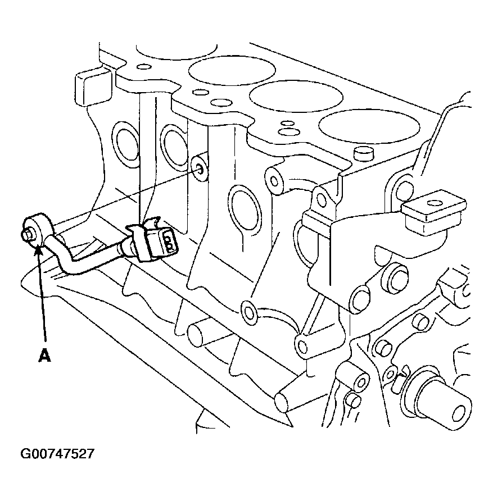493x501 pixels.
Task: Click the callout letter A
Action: point(44,355)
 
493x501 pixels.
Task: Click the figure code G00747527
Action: point(57,454)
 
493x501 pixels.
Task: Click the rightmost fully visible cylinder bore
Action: point(369,126)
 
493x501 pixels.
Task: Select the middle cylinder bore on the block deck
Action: point(296,96)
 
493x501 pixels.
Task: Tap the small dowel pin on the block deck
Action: point(364,154)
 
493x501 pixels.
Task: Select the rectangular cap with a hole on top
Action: point(433,212)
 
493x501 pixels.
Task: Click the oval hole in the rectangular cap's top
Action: point(433,203)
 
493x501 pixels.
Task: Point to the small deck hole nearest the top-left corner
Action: point(143,67)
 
